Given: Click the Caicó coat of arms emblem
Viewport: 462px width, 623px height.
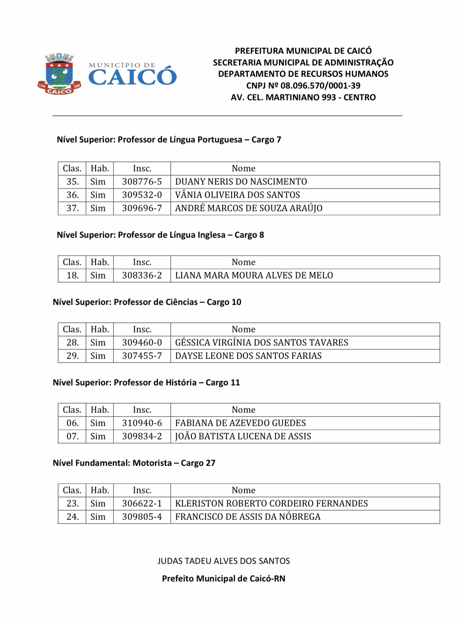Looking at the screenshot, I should click(59, 74).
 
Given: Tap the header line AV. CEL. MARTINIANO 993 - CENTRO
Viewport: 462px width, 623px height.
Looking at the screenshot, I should click(303, 97).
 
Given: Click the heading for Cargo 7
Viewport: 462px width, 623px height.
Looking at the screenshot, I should click(169, 139).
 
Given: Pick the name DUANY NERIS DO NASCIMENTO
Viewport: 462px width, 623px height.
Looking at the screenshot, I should click(241, 182).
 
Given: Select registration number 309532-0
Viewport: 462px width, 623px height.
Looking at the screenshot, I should click(142, 195).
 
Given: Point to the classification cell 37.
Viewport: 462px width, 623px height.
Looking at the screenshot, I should click(73, 208).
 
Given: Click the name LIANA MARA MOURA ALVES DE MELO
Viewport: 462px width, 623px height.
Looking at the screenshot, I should click(254, 275).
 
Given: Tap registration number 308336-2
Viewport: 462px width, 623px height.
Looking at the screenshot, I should click(142, 275).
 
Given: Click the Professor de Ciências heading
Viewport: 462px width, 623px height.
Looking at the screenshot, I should click(147, 302).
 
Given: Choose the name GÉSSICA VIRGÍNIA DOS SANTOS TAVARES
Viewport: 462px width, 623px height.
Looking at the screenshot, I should click(261, 343).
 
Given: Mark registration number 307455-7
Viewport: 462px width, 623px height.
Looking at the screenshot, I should click(142, 356).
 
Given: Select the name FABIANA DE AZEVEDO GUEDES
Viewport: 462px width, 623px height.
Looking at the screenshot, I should click(240, 423).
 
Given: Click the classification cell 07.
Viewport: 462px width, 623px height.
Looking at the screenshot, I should click(73, 436).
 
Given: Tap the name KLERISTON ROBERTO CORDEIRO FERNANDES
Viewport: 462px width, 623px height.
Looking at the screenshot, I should click(271, 503).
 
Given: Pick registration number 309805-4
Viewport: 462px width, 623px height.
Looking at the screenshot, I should click(142, 517).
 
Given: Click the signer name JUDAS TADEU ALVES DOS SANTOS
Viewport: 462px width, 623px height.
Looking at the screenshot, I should click(224, 561).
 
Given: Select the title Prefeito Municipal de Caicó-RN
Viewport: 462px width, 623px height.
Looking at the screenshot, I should click(224, 578).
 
